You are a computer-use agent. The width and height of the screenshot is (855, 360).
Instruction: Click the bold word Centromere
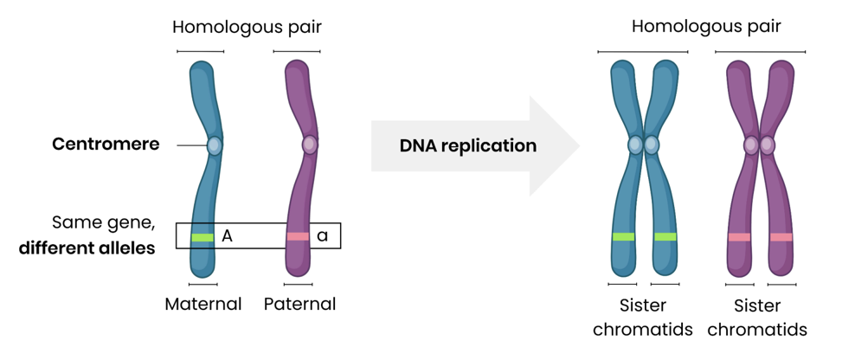click(x=106, y=145)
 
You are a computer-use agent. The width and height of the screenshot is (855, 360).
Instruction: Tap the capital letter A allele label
click(x=228, y=235)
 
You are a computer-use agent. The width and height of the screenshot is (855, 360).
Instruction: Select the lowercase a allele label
click(x=322, y=235)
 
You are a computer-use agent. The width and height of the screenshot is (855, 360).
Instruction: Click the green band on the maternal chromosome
click(x=202, y=237)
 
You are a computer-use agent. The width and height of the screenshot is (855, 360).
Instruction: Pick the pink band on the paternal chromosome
click(x=298, y=236)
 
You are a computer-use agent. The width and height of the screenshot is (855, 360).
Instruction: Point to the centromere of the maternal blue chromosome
click(x=214, y=145)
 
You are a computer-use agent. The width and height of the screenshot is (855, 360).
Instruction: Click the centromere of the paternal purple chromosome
click(x=309, y=145)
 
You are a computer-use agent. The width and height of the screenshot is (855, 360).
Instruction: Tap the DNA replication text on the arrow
click(x=467, y=145)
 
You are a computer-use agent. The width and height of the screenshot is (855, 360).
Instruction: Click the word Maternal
click(x=202, y=304)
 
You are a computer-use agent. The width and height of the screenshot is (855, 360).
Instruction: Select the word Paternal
click(x=299, y=304)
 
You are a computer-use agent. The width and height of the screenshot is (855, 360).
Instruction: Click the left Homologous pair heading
click(x=247, y=26)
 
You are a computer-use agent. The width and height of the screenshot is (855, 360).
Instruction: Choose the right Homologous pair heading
click(x=706, y=26)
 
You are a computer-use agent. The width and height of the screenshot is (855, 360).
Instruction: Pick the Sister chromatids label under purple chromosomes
click(x=758, y=318)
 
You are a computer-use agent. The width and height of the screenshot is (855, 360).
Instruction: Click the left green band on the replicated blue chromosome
click(x=623, y=236)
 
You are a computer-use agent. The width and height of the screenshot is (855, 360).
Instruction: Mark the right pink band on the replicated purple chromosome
click(x=781, y=236)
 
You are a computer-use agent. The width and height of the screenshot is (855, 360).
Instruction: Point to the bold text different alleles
click(x=87, y=249)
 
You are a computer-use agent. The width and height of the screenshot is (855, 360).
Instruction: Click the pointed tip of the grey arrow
click(x=578, y=145)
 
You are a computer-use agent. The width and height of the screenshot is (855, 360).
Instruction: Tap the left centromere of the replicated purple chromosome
click(x=751, y=145)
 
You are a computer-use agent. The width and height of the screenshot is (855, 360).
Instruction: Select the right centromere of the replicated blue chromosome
click(x=652, y=145)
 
